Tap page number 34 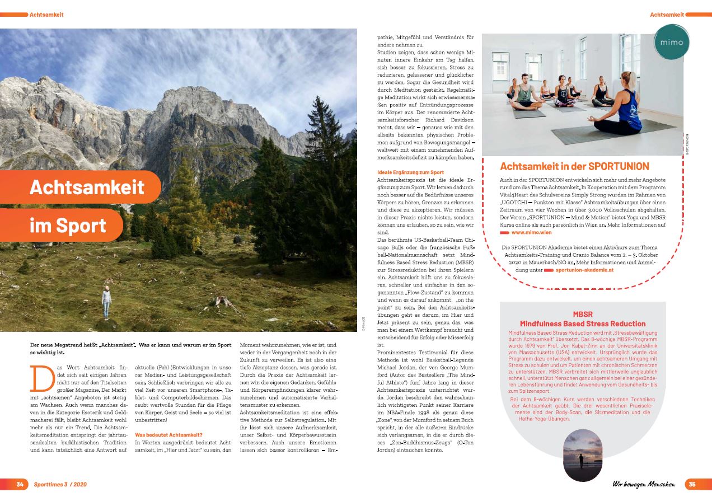pos(20,484)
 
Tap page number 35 pos(692,484)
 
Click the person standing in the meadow pos(106,302)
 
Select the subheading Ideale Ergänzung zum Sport pos(410,172)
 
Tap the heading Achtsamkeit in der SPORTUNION pos(574,166)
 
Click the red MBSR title pos(582,318)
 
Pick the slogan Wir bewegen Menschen pos(643,484)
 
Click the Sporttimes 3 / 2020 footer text pos(60,484)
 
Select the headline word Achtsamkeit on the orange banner pos(87,187)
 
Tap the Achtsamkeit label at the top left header pos(46,14)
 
